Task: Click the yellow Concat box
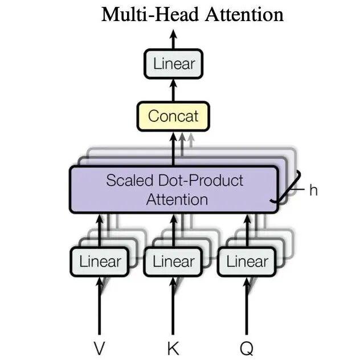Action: click(173, 116)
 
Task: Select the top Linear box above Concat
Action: click(173, 64)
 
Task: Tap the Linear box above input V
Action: click(100, 262)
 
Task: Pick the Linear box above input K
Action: click(173, 262)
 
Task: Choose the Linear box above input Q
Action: click(247, 262)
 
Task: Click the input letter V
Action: click(100, 348)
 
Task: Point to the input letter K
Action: click(173, 348)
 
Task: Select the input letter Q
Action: click(247, 349)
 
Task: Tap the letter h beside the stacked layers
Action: click(313, 190)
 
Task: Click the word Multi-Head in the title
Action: click(150, 14)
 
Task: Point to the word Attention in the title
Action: click(244, 14)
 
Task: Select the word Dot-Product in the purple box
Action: click(201, 181)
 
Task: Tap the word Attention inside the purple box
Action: click(177, 199)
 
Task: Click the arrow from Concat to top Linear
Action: click(173, 90)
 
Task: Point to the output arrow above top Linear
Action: click(173, 39)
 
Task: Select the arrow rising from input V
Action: click(100, 306)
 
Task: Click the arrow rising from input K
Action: click(173, 306)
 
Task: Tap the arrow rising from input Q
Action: click(247, 306)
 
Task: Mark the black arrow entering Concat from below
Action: click(173, 149)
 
